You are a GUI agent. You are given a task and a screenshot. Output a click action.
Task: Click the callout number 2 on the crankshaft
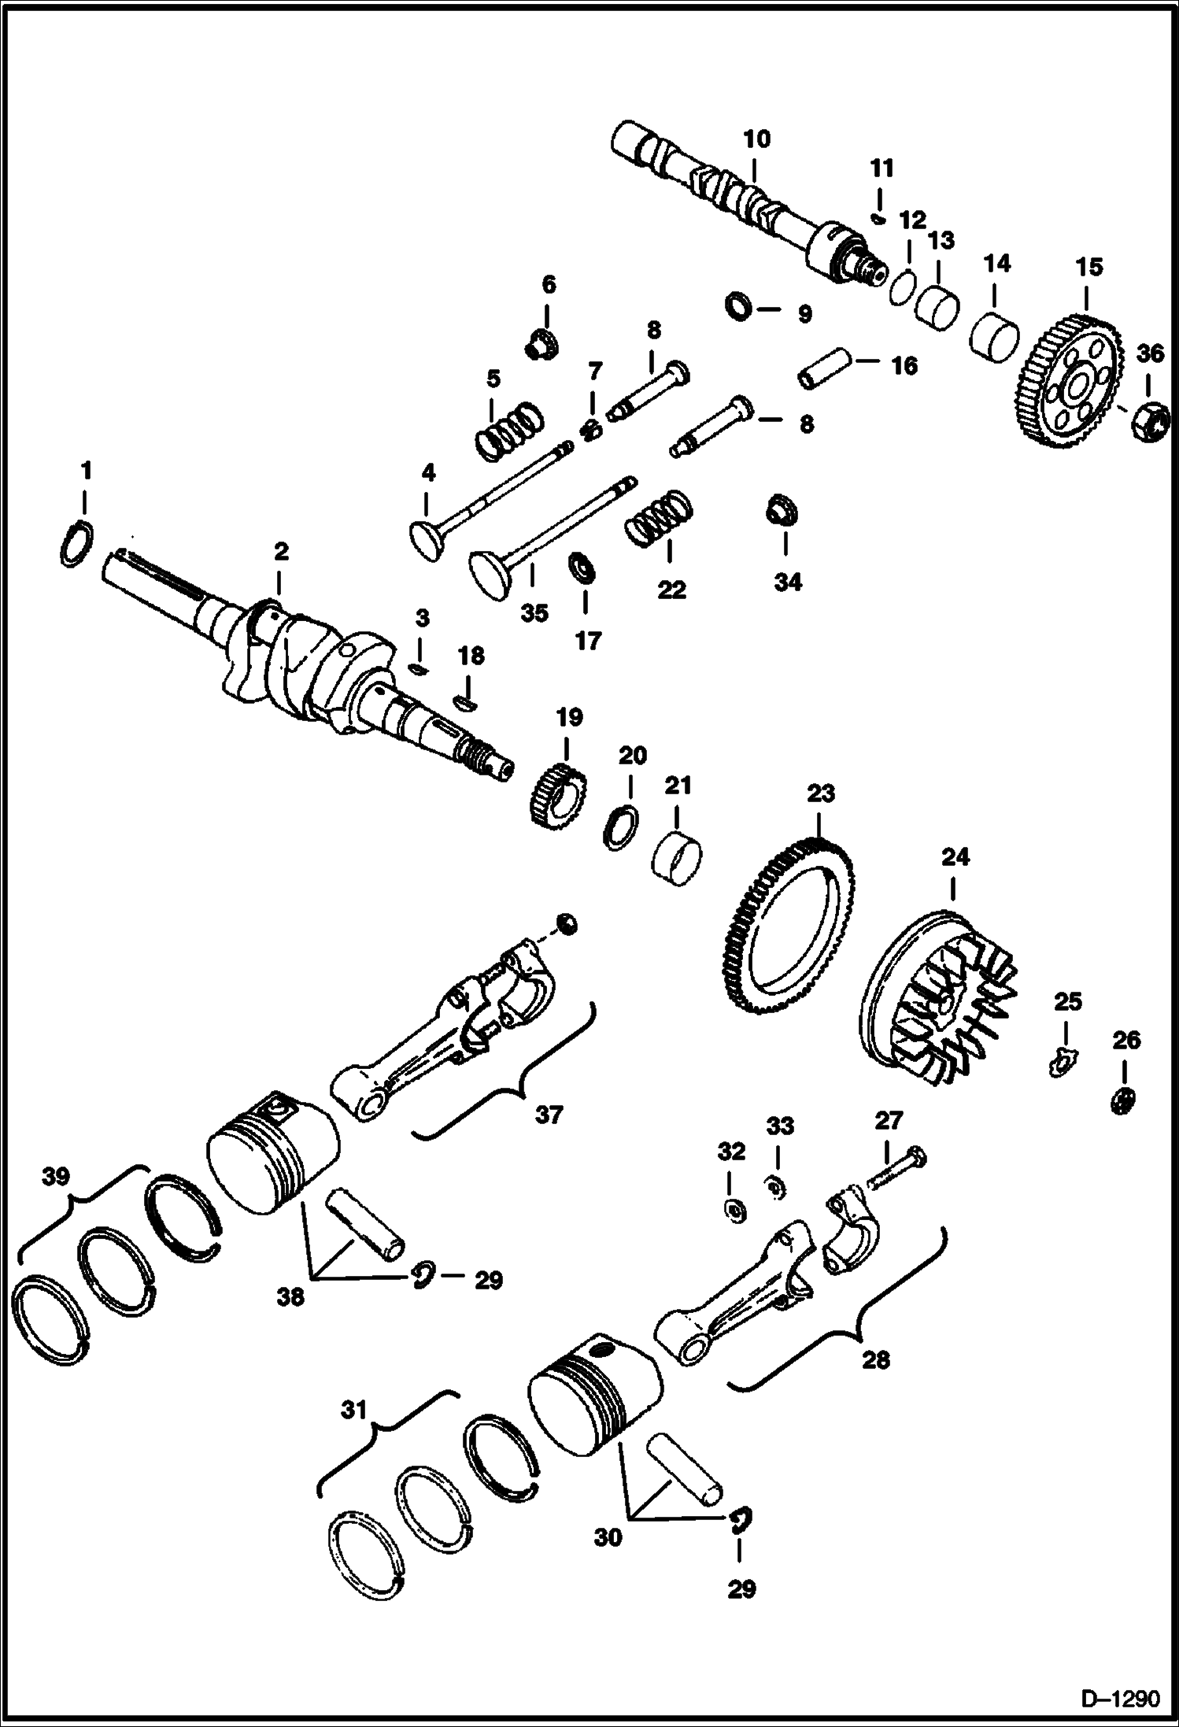click(281, 551)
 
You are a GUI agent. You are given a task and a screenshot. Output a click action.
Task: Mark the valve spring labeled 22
click(659, 520)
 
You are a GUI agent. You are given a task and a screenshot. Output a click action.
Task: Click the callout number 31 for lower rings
click(354, 1409)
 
